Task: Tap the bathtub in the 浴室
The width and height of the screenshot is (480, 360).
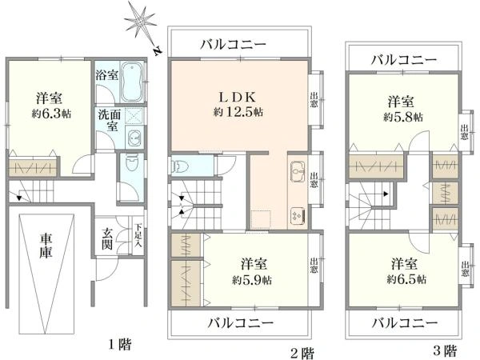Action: [133, 82]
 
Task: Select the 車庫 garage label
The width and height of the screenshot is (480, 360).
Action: [46, 246]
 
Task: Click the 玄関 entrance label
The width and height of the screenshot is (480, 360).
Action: [107, 240]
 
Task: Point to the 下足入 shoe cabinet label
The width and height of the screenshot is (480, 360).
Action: [138, 237]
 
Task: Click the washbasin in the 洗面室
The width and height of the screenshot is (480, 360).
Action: [134, 138]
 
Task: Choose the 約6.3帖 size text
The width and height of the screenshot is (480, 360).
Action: [51, 114]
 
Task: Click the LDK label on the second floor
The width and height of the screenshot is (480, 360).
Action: [237, 97]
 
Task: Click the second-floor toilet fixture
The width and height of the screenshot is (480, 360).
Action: [178, 166]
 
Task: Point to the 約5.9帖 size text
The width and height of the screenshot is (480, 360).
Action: [252, 280]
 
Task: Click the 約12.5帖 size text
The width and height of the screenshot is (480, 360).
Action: [238, 112]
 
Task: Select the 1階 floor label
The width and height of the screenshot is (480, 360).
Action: [120, 345]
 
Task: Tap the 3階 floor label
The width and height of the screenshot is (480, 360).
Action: [446, 350]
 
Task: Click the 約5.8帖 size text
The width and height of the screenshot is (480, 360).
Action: [403, 117]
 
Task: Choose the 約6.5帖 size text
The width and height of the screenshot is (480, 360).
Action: [406, 279]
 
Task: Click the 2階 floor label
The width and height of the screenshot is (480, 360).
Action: [302, 354]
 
